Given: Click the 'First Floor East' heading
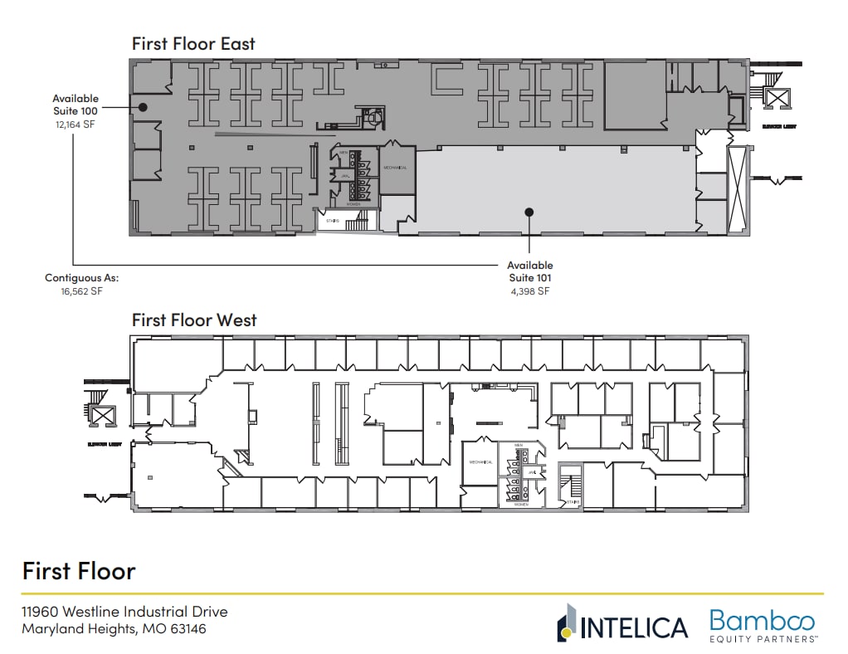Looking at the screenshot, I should point(193,43).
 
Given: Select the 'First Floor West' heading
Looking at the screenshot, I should point(194,320).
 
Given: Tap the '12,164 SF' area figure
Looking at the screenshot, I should point(76,123).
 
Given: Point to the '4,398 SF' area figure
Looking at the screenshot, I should point(530,291).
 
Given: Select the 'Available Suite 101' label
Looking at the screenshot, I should point(530,271).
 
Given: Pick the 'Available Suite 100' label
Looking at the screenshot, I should point(76,104).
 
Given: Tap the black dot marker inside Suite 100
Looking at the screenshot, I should point(143,107).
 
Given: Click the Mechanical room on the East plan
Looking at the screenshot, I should point(395,168).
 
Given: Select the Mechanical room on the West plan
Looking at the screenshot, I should point(481,462).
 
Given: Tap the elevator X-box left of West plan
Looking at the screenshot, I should point(102,416).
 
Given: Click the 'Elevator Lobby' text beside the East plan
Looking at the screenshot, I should point(780,127).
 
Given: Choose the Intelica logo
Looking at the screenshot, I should point(622,625).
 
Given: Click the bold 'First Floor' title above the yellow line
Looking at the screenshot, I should point(79,571).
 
